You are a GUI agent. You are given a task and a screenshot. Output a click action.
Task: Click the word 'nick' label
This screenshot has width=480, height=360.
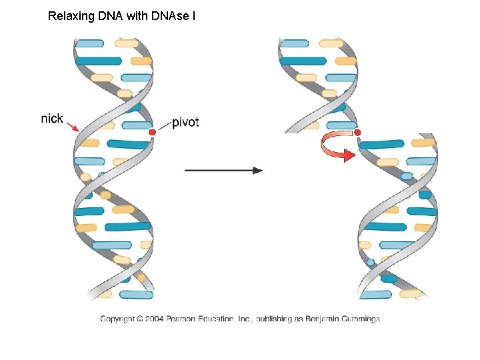52,119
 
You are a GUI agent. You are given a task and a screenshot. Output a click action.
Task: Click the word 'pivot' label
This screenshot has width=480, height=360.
185,122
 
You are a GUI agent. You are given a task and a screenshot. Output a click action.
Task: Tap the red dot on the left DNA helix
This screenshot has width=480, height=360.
152,133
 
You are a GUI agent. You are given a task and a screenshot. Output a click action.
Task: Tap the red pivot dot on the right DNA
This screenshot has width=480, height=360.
357,133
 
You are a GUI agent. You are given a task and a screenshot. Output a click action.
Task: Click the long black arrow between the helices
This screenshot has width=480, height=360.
223,170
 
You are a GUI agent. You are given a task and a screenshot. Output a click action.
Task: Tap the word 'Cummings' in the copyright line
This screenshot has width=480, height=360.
359,319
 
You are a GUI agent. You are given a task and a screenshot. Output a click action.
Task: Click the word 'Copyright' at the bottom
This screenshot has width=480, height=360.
117,319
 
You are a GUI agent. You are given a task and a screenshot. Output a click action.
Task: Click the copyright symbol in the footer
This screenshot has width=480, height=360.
139,319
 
